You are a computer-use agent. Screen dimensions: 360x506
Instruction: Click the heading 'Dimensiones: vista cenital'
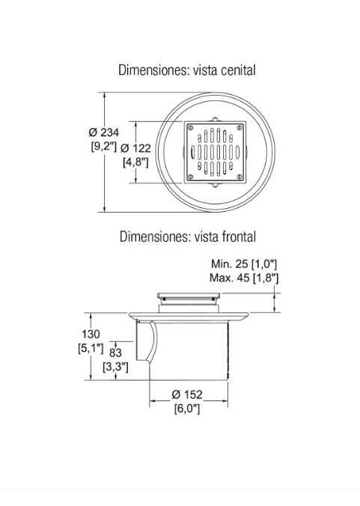pos(187,70)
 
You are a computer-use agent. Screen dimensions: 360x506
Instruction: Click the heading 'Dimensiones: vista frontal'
pos(187,237)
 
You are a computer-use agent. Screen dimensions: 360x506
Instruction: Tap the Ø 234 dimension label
pos(104,132)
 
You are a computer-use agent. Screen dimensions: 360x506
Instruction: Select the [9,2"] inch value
pos(103,147)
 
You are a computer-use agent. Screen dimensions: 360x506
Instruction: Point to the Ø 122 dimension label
pos(135,148)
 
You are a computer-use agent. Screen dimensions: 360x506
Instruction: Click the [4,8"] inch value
pos(135,162)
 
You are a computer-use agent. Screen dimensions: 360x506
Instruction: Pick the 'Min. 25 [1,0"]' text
pos(244,264)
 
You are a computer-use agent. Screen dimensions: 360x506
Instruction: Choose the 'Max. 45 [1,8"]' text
pos(244,278)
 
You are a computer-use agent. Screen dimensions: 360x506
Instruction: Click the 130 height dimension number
pos(91,334)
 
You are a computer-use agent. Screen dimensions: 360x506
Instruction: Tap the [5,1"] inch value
pos(91,348)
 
